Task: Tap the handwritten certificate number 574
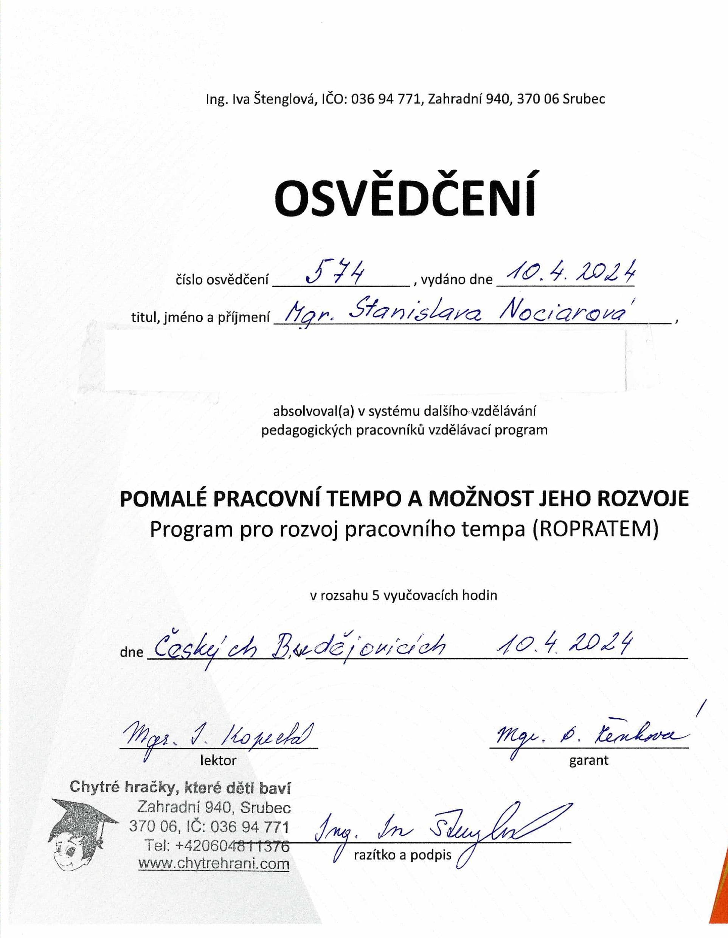click(335, 272)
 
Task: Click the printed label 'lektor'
click(218, 761)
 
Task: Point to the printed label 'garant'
click(588, 761)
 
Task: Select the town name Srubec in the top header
click(583, 99)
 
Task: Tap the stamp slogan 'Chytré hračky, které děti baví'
click(180, 787)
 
